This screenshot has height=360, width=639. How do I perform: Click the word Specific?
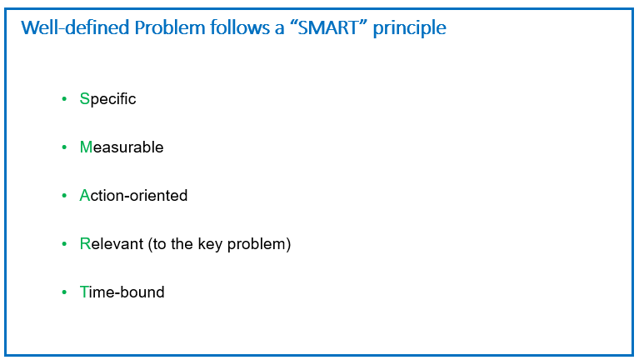point(107,99)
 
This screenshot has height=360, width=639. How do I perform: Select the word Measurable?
point(122,147)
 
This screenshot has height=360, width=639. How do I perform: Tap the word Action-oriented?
point(133,196)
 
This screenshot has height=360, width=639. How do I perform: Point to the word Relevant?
point(112,244)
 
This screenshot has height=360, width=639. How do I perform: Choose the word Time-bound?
point(122,292)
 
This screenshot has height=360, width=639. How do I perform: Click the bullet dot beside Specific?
point(64,98)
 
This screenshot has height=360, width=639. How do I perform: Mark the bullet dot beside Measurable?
point(64,147)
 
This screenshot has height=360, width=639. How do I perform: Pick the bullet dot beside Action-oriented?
point(64,195)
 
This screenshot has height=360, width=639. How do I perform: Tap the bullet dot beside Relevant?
point(64,244)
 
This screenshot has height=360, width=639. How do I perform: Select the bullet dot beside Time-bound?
point(64,292)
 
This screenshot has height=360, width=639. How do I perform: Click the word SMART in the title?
point(327,27)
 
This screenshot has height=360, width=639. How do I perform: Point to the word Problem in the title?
point(169,27)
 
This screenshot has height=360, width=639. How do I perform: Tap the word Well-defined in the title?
point(75,27)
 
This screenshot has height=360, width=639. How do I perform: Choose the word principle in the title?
point(409,28)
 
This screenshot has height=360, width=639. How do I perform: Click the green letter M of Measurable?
point(86,147)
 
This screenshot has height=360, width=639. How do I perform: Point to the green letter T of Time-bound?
point(84,292)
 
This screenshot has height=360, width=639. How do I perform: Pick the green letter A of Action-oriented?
point(84,196)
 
